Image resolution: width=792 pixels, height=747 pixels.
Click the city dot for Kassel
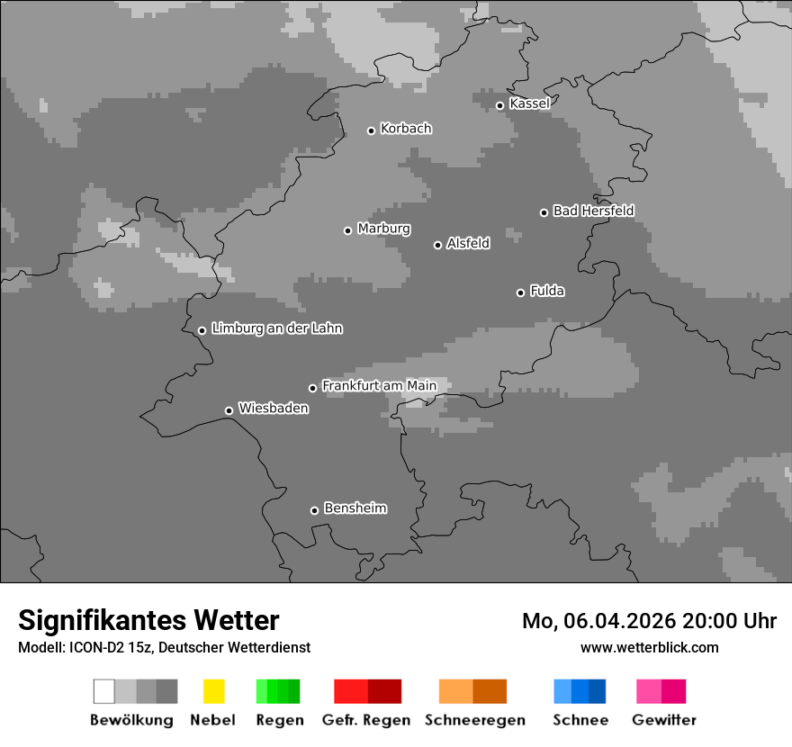tap(500, 105)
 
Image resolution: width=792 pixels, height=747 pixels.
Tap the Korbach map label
tap(406, 129)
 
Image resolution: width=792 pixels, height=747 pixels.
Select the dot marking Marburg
tap(348, 230)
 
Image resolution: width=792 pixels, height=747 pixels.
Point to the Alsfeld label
tap(468, 243)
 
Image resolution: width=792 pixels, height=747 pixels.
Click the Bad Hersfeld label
tap(593, 211)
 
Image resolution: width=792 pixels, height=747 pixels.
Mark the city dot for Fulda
tap(520, 292)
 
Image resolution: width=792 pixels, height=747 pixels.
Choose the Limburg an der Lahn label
tap(276, 328)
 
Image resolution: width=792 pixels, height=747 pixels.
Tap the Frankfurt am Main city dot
tap(313, 388)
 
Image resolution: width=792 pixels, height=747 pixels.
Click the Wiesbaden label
tap(273, 409)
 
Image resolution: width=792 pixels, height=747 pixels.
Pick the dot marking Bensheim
tap(315, 510)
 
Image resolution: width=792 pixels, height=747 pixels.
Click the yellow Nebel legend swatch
tap(213, 691)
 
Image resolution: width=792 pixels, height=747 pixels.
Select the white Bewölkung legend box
tap(104, 691)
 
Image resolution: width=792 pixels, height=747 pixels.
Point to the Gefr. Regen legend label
tap(366, 720)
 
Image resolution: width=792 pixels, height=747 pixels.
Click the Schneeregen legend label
tap(474, 720)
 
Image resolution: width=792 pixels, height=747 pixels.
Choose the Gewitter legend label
tap(664, 720)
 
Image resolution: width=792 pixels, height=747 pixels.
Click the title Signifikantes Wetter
tap(148, 620)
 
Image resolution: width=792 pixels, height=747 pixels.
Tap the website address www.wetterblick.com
tap(649, 647)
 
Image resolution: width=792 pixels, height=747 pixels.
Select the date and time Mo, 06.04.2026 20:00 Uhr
tap(649, 621)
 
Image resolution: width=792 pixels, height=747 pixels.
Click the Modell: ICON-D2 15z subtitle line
tap(164, 647)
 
